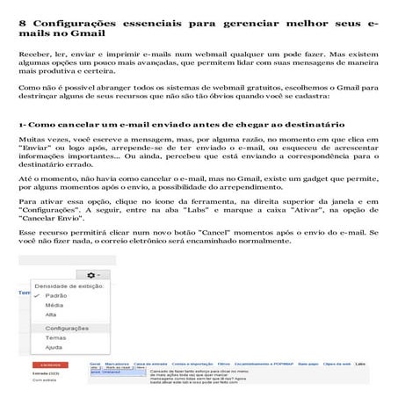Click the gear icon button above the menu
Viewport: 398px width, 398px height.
coord(115,275)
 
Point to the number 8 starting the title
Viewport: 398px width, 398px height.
coord(23,18)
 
